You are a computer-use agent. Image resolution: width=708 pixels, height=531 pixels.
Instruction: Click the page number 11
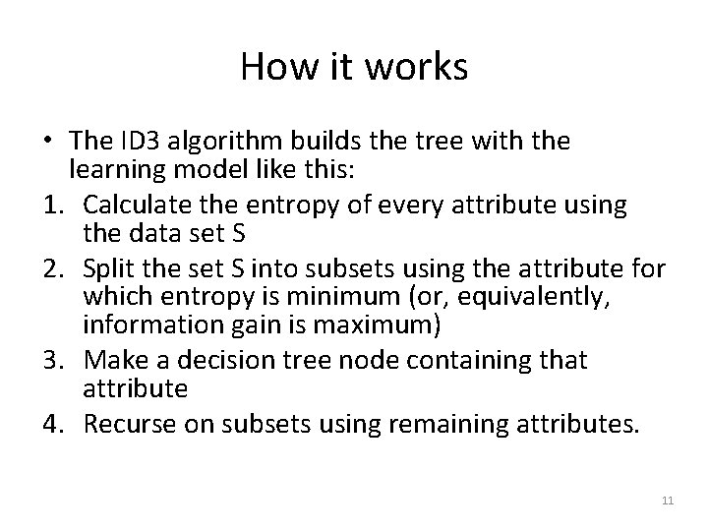[668, 501]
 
